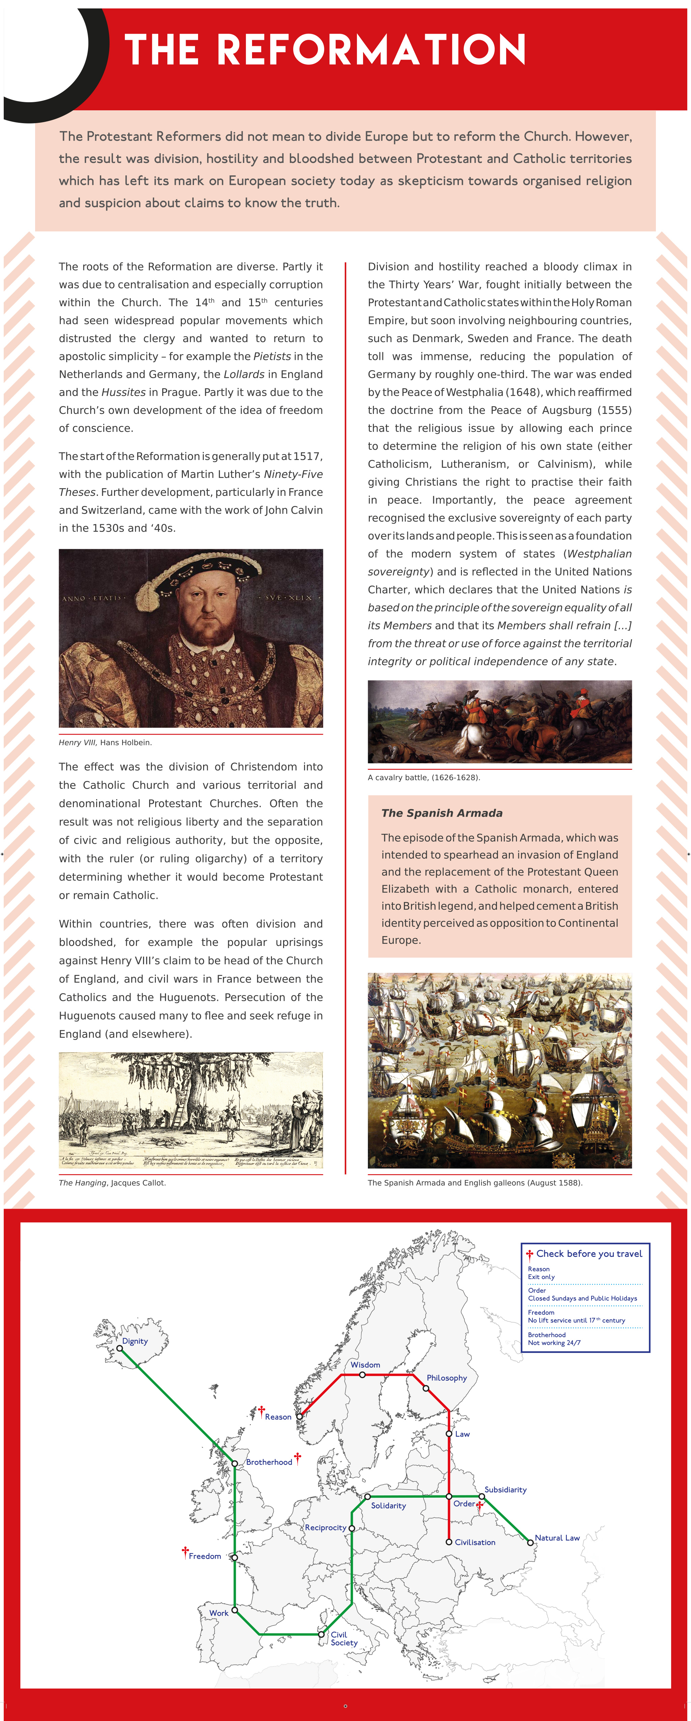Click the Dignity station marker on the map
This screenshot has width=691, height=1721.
[x=120, y=1348]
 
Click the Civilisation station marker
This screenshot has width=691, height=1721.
[x=449, y=1542]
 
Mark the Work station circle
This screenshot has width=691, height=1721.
[x=234, y=1610]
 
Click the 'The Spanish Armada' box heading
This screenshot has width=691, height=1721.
[x=442, y=813]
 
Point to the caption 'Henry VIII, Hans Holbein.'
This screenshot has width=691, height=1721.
[x=105, y=742]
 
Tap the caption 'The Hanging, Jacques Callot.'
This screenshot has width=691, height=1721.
[x=112, y=1183]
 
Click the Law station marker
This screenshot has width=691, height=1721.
[x=449, y=1434]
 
